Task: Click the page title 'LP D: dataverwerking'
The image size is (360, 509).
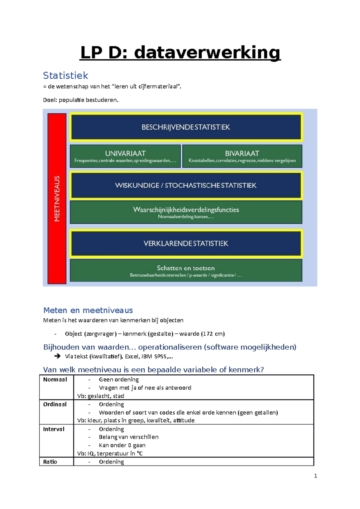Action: [180, 53]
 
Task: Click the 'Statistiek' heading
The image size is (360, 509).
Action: [65, 76]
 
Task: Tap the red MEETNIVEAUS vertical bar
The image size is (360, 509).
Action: [57, 198]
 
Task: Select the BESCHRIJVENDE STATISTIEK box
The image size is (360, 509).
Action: [186, 127]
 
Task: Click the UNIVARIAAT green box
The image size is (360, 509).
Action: [125, 156]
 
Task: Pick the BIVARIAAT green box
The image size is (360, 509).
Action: [242, 156]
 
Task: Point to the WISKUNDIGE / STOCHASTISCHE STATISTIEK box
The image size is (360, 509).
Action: [186, 185]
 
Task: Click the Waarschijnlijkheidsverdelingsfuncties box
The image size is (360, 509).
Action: [186, 212]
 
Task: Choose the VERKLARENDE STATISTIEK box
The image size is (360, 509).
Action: [186, 243]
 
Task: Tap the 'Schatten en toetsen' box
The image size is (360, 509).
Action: [186, 270]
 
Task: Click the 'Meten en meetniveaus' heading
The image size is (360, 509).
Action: [88, 310]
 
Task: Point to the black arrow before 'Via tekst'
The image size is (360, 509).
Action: [57, 356]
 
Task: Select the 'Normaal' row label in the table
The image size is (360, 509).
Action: [55, 380]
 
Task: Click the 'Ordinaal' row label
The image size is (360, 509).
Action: [55, 404]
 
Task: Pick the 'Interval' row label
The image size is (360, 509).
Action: [54, 429]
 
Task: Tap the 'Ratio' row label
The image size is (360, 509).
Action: [50, 462]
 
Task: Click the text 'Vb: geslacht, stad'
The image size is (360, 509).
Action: [101, 396]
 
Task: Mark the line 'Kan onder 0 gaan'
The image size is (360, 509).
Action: [122, 445]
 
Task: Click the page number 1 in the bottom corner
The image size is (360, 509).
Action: [315, 476]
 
